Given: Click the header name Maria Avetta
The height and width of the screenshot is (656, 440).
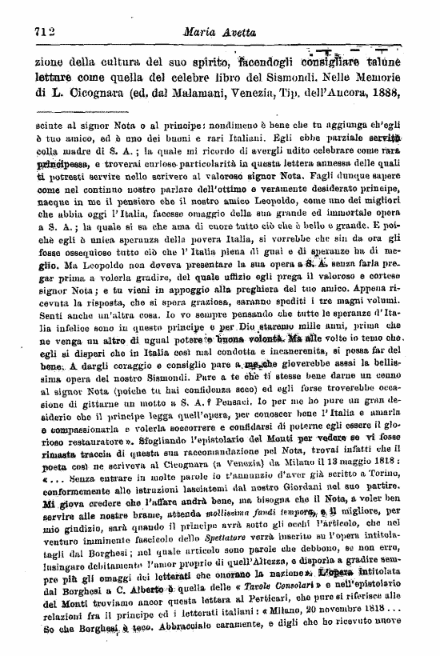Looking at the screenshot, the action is [x=215, y=33].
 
